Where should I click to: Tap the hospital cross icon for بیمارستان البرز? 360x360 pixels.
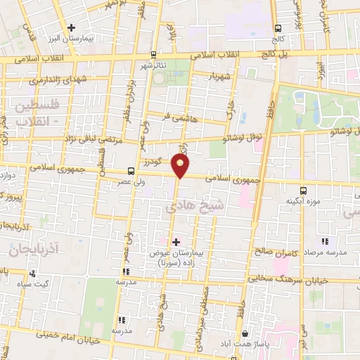[x=71, y=28]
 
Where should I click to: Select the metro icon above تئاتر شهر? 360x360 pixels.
[x=153, y=54]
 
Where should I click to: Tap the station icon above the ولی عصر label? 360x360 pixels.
[x=131, y=171]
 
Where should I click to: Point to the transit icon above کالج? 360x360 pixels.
[x=278, y=28]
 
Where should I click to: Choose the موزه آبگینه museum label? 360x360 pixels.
[x=304, y=202]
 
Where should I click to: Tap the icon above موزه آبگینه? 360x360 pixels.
[x=303, y=190]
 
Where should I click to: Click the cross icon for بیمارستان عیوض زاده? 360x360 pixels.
[x=176, y=241]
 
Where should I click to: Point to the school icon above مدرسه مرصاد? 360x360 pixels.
[x=324, y=242]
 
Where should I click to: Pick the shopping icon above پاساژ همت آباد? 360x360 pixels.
[x=244, y=333]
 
